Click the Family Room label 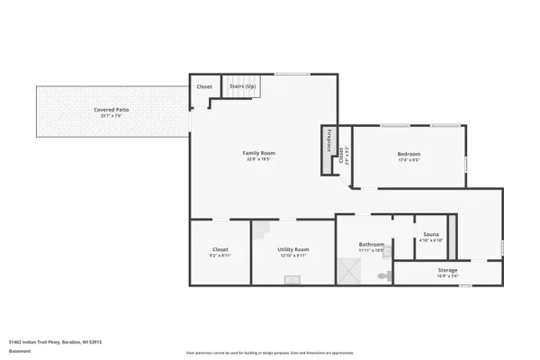pyautogui.click(x=259, y=153)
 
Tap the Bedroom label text pyautogui.click(x=409, y=154)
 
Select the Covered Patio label pyautogui.click(x=112, y=110)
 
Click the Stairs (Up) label pyautogui.click(x=242, y=87)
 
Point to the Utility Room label pyautogui.click(x=293, y=249)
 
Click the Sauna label pyautogui.click(x=430, y=233)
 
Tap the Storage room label pyautogui.click(x=447, y=270)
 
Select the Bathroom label pyautogui.click(x=371, y=244)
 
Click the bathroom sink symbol pyautogui.click(x=388, y=253)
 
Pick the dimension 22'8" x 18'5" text pyautogui.click(x=259, y=159)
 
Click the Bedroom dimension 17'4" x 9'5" pyautogui.click(x=409, y=160)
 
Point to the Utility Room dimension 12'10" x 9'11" pyautogui.click(x=293, y=256)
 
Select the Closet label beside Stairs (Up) pyautogui.click(x=204, y=87)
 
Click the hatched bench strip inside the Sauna pyautogui.click(x=453, y=236)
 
